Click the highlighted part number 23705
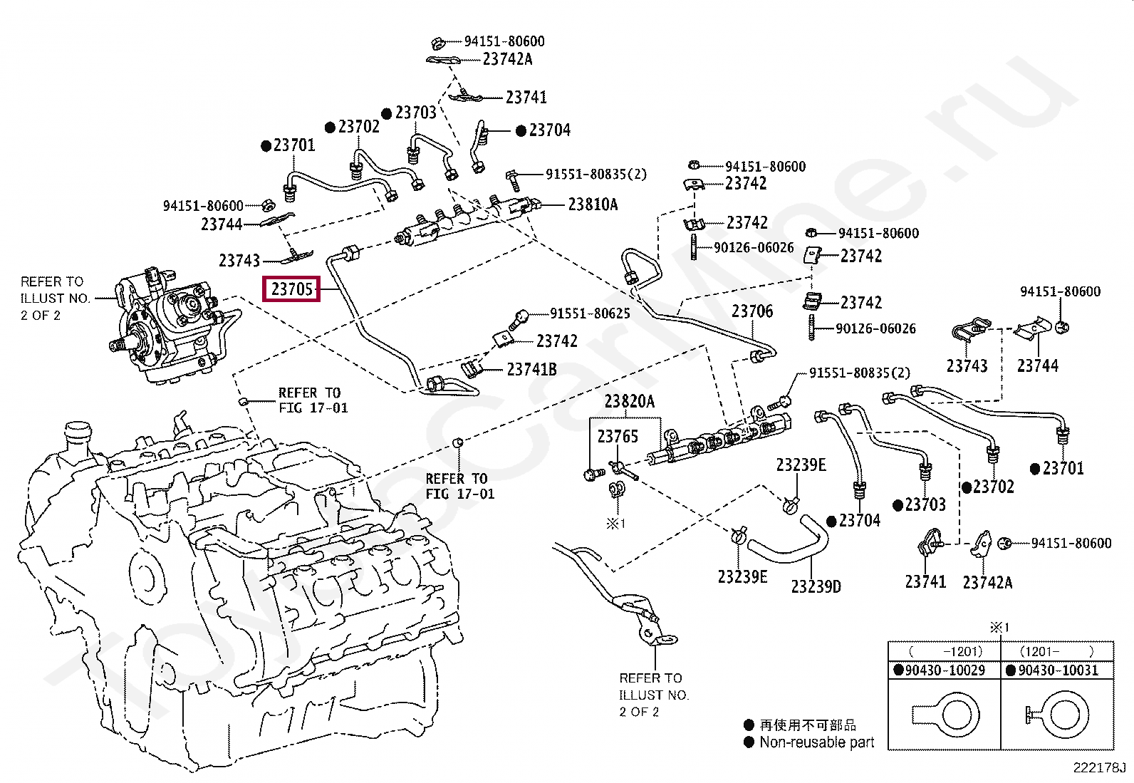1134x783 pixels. (291, 289)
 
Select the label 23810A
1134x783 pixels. (593, 204)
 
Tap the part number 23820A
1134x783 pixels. (629, 402)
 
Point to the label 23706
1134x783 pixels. (752, 311)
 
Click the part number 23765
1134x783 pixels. (618, 436)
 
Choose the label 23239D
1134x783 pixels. (816, 586)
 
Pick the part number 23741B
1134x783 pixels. (531, 370)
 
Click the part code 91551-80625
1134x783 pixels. (590, 313)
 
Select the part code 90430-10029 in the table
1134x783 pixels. (945, 670)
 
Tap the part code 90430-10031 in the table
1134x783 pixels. (1058, 670)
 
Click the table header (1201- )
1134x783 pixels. (1056, 651)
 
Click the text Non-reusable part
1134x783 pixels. (816, 742)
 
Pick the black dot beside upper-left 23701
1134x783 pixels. (266, 146)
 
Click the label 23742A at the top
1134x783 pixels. (507, 59)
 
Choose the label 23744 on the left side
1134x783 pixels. (222, 224)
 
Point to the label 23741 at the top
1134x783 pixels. (526, 97)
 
